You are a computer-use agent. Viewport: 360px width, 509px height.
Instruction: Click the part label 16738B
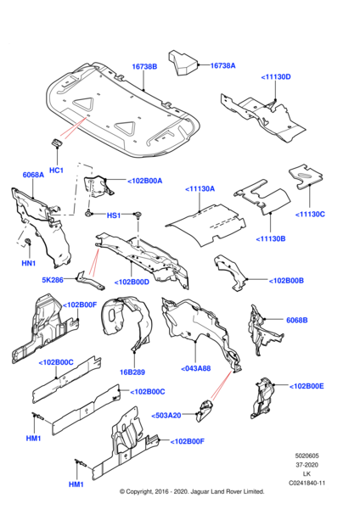tap(144, 66)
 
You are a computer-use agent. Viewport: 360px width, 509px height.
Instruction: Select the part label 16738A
tap(223, 65)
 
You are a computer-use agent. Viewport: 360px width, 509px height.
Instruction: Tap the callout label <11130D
tap(276, 77)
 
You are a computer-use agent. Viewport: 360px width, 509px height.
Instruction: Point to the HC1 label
tap(56, 171)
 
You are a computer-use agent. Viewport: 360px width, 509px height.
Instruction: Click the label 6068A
tap(33, 175)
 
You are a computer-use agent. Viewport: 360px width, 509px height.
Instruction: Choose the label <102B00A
tap(144, 181)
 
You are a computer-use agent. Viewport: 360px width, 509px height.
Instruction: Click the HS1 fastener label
tap(114, 215)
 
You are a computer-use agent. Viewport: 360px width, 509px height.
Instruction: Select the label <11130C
tap(310, 215)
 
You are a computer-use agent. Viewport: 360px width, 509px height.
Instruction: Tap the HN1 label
tap(29, 263)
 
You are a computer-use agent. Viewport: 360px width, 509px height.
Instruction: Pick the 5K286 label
tap(53, 279)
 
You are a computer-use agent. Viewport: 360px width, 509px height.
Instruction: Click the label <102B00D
tap(132, 282)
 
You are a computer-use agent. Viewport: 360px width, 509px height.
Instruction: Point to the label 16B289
tap(132, 372)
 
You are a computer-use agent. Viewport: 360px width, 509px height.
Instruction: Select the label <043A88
tap(195, 368)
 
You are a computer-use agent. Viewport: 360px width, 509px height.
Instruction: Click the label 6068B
tap(296, 320)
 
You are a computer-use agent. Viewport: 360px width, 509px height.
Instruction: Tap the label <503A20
tap(166, 416)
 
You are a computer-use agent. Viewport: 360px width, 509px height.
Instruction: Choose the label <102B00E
tap(307, 386)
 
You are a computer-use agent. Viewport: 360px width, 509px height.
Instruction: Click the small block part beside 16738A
tap(183, 63)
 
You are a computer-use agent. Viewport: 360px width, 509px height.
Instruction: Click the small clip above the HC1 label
tap(56, 143)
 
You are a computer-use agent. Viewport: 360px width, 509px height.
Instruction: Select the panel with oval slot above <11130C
tap(306, 176)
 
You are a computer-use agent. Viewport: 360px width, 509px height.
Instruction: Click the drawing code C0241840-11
tap(307, 484)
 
